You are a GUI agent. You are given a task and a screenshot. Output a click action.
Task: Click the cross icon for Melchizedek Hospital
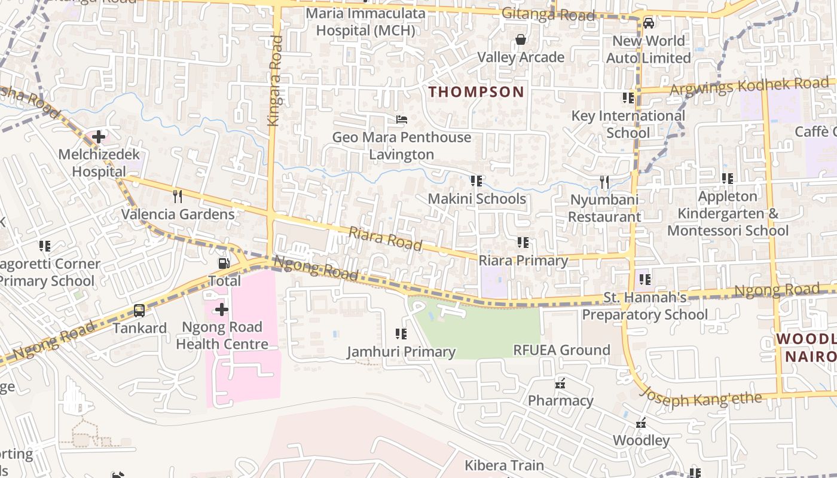click(x=99, y=137)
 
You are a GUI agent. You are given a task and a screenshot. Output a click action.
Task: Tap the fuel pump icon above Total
click(x=224, y=263)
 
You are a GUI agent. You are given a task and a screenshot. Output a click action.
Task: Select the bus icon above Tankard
click(x=139, y=311)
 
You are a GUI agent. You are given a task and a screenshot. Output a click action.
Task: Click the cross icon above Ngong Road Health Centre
click(x=222, y=310)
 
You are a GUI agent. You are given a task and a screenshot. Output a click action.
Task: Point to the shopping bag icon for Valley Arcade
click(x=521, y=40)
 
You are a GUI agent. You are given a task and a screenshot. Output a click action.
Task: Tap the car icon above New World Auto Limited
click(x=648, y=24)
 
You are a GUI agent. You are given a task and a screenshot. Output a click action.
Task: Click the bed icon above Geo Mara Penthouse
click(x=402, y=119)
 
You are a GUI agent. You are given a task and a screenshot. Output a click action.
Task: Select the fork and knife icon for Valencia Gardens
click(x=178, y=196)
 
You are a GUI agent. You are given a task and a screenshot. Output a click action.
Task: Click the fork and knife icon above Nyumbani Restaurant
click(x=604, y=182)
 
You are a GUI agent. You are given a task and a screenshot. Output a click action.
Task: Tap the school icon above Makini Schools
click(x=476, y=180)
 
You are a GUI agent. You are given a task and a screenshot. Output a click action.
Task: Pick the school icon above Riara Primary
click(x=523, y=243)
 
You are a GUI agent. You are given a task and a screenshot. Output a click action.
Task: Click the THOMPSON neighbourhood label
click(x=476, y=92)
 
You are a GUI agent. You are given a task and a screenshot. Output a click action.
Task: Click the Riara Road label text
click(x=386, y=238)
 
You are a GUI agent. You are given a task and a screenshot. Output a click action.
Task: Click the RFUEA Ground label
click(x=562, y=350)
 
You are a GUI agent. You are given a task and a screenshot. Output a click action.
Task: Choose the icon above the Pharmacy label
click(x=560, y=383)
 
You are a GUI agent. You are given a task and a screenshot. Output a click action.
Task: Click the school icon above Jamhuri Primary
click(x=401, y=334)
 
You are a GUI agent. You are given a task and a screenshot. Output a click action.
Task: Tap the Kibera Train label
click(x=505, y=465)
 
